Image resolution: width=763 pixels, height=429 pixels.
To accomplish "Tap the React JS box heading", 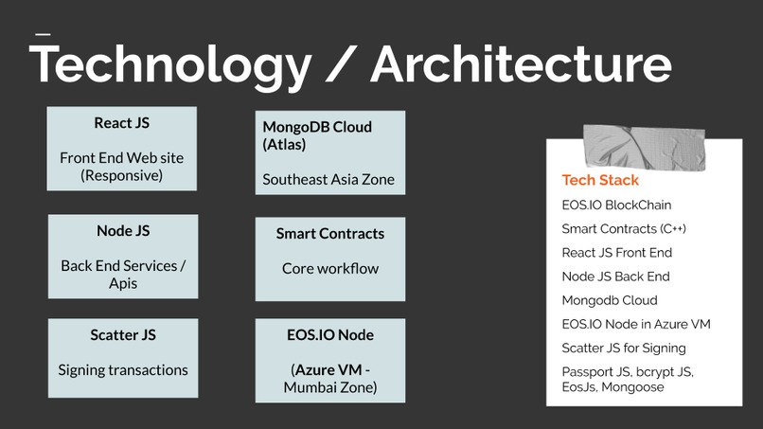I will tap(121, 123).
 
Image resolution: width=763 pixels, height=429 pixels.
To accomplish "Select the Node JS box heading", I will tap(122, 230).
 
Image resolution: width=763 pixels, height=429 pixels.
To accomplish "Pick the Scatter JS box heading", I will tap(122, 334).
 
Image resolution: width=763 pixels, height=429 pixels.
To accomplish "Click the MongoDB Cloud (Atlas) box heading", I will tap(317, 135).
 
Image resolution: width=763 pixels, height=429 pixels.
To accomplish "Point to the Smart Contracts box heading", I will tap(330, 233).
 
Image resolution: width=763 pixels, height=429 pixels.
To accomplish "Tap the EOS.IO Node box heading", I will tap(330, 334).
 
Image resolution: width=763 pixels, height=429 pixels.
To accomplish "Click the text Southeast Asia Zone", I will tap(328, 179).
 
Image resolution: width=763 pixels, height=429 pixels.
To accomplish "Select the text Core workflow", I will tap(330, 268).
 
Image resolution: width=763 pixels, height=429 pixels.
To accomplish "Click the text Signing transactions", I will tap(122, 370).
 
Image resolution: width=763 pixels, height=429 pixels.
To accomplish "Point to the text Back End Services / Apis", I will tap(122, 275).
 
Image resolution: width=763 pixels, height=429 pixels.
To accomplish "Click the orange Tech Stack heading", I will tap(600, 180).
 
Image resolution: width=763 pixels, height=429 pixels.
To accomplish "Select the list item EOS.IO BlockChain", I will tap(616, 205).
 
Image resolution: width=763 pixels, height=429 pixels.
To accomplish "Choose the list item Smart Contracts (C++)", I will tap(624, 228).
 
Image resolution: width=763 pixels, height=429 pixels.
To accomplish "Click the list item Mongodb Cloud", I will tap(609, 300).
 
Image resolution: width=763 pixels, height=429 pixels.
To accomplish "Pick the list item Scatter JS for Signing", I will tap(624, 348).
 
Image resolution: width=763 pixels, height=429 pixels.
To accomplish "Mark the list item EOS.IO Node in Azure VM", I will tap(635, 324).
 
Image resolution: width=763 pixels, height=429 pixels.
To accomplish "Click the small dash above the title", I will tap(42, 34).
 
